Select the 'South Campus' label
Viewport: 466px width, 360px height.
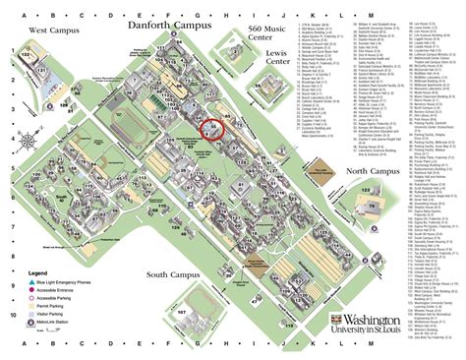(173, 274)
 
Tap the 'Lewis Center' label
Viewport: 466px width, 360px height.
(277, 60)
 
